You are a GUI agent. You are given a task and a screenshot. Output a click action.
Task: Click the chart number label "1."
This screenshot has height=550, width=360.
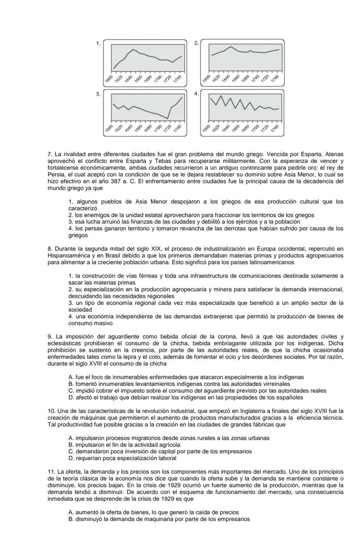(x=99, y=43)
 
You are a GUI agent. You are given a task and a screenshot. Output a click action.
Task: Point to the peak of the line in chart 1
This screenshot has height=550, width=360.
(x=133, y=50)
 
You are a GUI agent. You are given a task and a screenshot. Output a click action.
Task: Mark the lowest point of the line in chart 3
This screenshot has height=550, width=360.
(x=167, y=118)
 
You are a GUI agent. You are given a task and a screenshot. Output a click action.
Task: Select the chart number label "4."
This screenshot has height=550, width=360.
(x=197, y=94)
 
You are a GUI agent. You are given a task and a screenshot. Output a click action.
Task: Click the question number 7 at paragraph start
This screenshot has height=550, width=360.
(x=50, y=154)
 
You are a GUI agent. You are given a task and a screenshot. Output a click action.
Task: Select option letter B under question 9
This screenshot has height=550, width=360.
(x=71, y=384)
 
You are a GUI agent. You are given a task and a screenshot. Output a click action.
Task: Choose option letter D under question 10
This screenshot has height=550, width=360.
(x=71, y=458)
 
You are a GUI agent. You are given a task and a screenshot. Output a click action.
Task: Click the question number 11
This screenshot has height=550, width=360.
(x=51, y=472)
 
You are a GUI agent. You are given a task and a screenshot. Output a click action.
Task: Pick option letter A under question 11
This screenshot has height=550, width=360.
(x=71, y=512)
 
